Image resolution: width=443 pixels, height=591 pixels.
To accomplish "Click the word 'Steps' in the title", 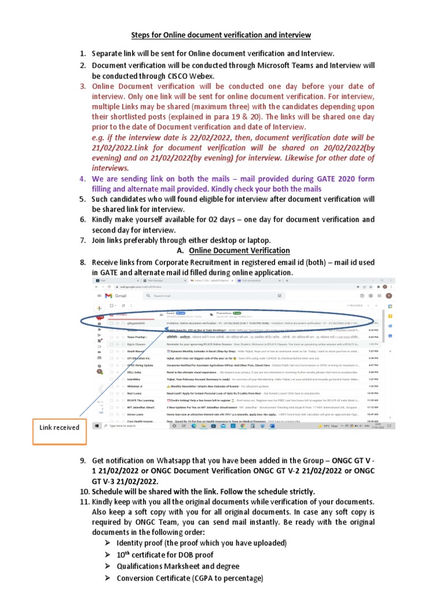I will (x=142, y=35).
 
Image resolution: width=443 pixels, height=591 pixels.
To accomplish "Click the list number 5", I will (x=82, y=199).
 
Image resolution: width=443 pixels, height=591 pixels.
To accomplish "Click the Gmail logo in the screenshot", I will (x=118, y=295).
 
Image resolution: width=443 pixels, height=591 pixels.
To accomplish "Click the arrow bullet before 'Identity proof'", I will (x=108, y=544).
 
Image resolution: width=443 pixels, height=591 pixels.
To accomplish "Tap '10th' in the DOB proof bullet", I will (x=123, y=555).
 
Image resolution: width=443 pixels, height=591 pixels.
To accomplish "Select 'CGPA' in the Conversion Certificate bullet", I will (x=212, y=578).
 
